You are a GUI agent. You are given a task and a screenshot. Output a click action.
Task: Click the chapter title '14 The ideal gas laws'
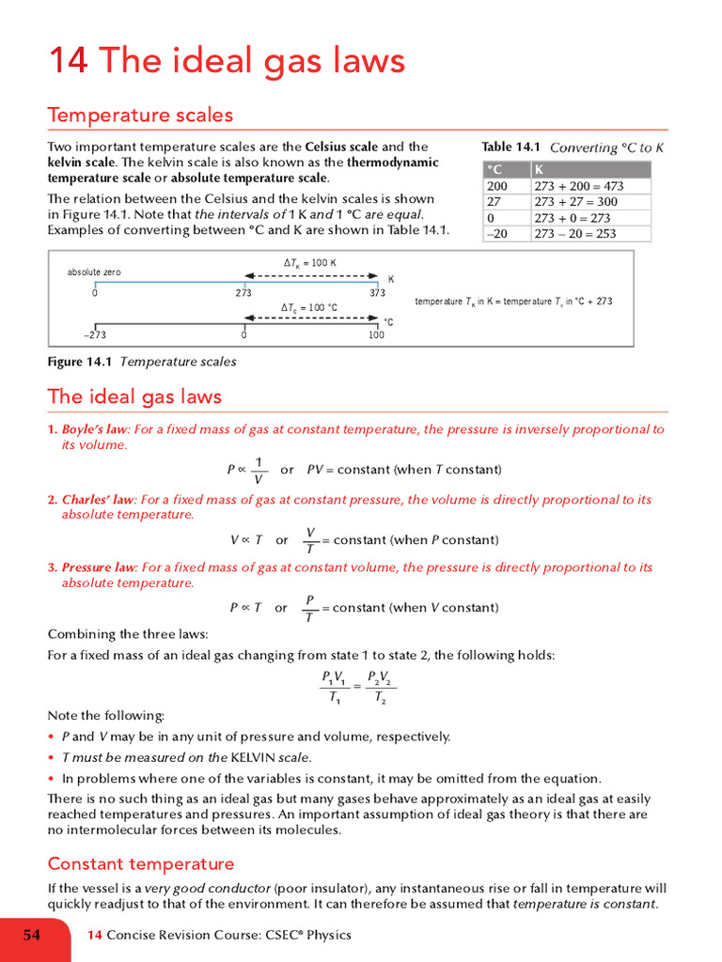(x=227, y=61)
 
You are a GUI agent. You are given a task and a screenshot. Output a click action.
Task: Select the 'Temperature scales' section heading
(x=140, y=116)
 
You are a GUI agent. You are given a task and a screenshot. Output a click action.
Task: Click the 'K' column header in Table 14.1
(x=539, y=169)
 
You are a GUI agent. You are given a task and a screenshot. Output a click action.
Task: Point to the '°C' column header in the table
(x=494, y=169)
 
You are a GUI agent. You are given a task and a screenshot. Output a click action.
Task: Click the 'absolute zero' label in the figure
(x=94, y=272)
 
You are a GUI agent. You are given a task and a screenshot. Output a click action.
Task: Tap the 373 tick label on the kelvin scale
(x=377, y=293)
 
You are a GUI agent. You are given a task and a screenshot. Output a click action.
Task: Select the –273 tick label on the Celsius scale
(x=94, y=334)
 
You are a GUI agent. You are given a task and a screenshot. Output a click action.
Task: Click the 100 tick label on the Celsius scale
(x=376, y=334)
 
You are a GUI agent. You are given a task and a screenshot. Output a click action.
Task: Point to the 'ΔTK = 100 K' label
(x=309, y=263)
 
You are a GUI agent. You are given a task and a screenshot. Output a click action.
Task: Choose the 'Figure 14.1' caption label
(x=80, y=362)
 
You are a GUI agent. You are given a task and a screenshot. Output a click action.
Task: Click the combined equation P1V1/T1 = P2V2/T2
(x=356, y=687)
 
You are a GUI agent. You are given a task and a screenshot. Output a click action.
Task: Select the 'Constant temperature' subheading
(x=141, y=863)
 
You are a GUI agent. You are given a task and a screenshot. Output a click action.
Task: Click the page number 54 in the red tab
(x=32, y=935)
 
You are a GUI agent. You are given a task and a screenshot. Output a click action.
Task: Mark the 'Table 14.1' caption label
(x=510, y=147)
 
